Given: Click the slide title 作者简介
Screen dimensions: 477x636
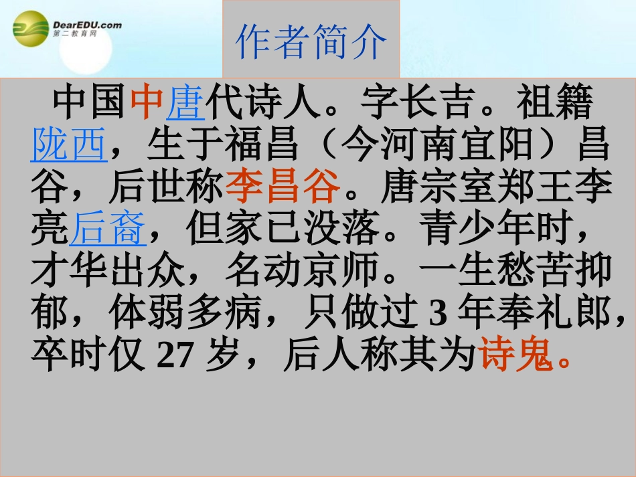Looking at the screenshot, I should [x=311, y=41].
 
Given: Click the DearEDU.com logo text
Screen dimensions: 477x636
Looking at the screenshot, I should [x=87, y=25].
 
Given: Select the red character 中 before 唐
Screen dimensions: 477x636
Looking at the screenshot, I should [x=147, y=104].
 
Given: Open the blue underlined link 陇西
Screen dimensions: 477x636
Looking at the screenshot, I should [x=69, y=145].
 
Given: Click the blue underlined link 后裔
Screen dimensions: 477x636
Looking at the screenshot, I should [x=108, y=230].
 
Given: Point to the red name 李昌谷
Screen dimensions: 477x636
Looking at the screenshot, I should [x=283, y=188].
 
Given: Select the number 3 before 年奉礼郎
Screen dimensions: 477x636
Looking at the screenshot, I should [x=437, y=314].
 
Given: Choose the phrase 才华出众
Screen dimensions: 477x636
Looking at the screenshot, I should [x=108, y=272].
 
